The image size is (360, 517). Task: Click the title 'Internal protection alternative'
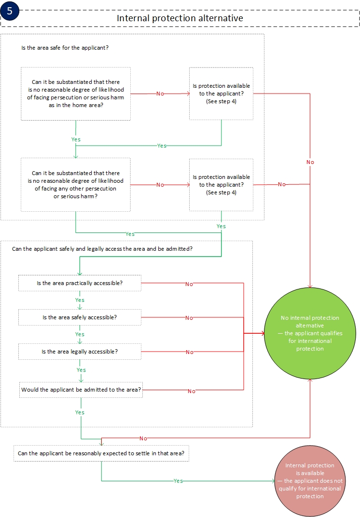pos(180,18)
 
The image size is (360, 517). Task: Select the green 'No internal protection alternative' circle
pos(310,333)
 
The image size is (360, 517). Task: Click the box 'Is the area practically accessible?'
pos(80,283)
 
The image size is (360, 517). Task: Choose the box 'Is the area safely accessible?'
pos(80,317)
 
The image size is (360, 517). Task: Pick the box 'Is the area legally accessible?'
pos(80,352)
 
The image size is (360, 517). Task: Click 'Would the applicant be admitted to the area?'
pos(81,389)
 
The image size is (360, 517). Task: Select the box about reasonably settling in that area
pos(101,453)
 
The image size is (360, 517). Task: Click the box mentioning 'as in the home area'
pos(76,94)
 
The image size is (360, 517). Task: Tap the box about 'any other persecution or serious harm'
pos(76,184)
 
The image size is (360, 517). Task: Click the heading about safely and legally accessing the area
pos(102,249)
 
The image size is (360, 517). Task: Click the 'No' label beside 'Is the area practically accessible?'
pos(189,284)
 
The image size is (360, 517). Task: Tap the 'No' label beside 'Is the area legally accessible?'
pos(189,353)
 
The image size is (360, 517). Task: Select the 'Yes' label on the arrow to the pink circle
pos(178,481)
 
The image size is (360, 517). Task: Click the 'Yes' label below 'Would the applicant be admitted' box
pos(80,412)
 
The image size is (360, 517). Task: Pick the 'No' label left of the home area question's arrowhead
pos(160,94)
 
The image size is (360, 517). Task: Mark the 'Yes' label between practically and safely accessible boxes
pos(80,300)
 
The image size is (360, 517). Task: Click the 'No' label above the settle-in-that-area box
pos(143,438)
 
